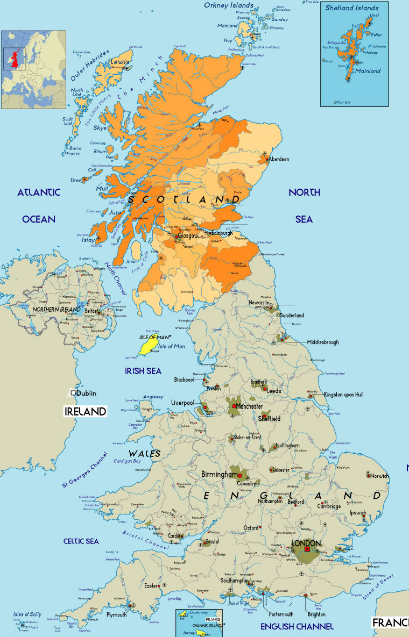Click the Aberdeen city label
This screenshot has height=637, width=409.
279,159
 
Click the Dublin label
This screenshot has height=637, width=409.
86,393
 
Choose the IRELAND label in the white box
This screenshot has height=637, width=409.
85,412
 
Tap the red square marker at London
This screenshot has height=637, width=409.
306,549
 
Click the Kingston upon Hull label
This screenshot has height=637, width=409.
343,394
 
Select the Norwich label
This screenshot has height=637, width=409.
379,476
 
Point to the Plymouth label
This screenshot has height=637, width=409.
116,614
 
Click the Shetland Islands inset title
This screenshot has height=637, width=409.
352,8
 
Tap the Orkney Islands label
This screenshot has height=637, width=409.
229,5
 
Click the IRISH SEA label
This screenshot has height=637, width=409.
143,371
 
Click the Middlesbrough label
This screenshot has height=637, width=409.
323,342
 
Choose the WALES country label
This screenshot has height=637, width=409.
144,454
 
